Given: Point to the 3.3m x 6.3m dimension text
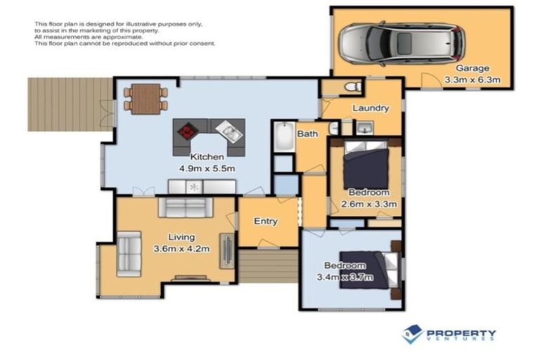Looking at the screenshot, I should point(472,80).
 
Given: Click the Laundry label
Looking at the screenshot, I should point(371,108).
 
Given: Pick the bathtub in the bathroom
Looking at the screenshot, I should point(284,137).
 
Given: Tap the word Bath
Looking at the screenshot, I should point(307,134).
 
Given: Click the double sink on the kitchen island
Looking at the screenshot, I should point(229,130).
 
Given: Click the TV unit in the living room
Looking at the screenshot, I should point(228,250).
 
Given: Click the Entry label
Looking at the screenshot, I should point(266,221).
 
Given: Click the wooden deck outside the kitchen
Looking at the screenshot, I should point(69,103).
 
